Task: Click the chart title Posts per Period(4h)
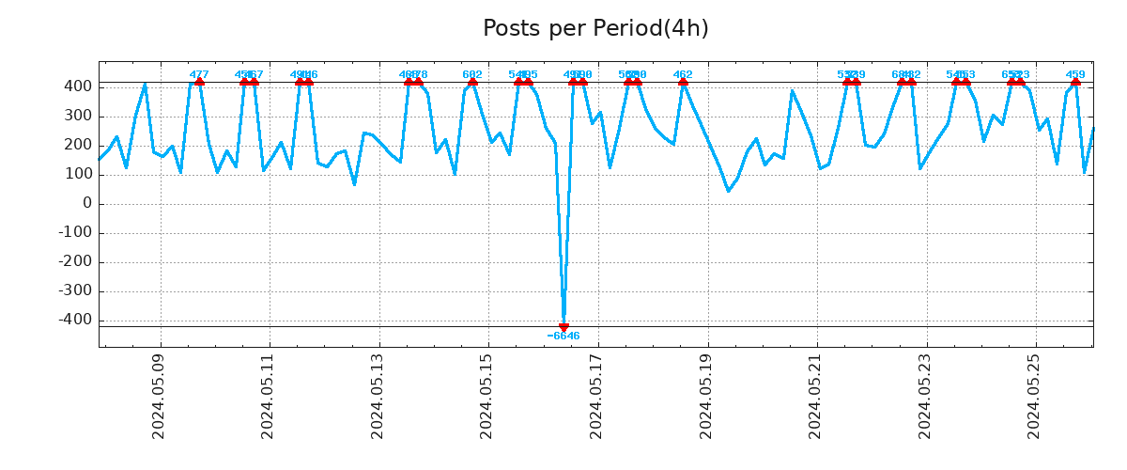coord(595,29)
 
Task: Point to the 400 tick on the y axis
coord(78,86)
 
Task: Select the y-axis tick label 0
coord(87,203)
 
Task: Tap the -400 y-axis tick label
coord(75,320)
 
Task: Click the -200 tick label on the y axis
coord(75,261)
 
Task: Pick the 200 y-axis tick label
coord(78,145)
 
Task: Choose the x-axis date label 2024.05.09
coord(159,396)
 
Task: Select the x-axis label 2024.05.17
coord(597,396)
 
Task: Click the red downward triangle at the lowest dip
coord(563,327)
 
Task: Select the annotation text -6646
coord(563,337)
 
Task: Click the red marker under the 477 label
coord(199,82)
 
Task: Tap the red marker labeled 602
coord(472,82)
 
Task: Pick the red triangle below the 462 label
coord(683,82)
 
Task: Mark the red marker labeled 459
coord(1075,82)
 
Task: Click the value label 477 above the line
coord(199,74)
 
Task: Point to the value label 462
coord(683,74)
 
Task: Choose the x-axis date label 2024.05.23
coord(926,396)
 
